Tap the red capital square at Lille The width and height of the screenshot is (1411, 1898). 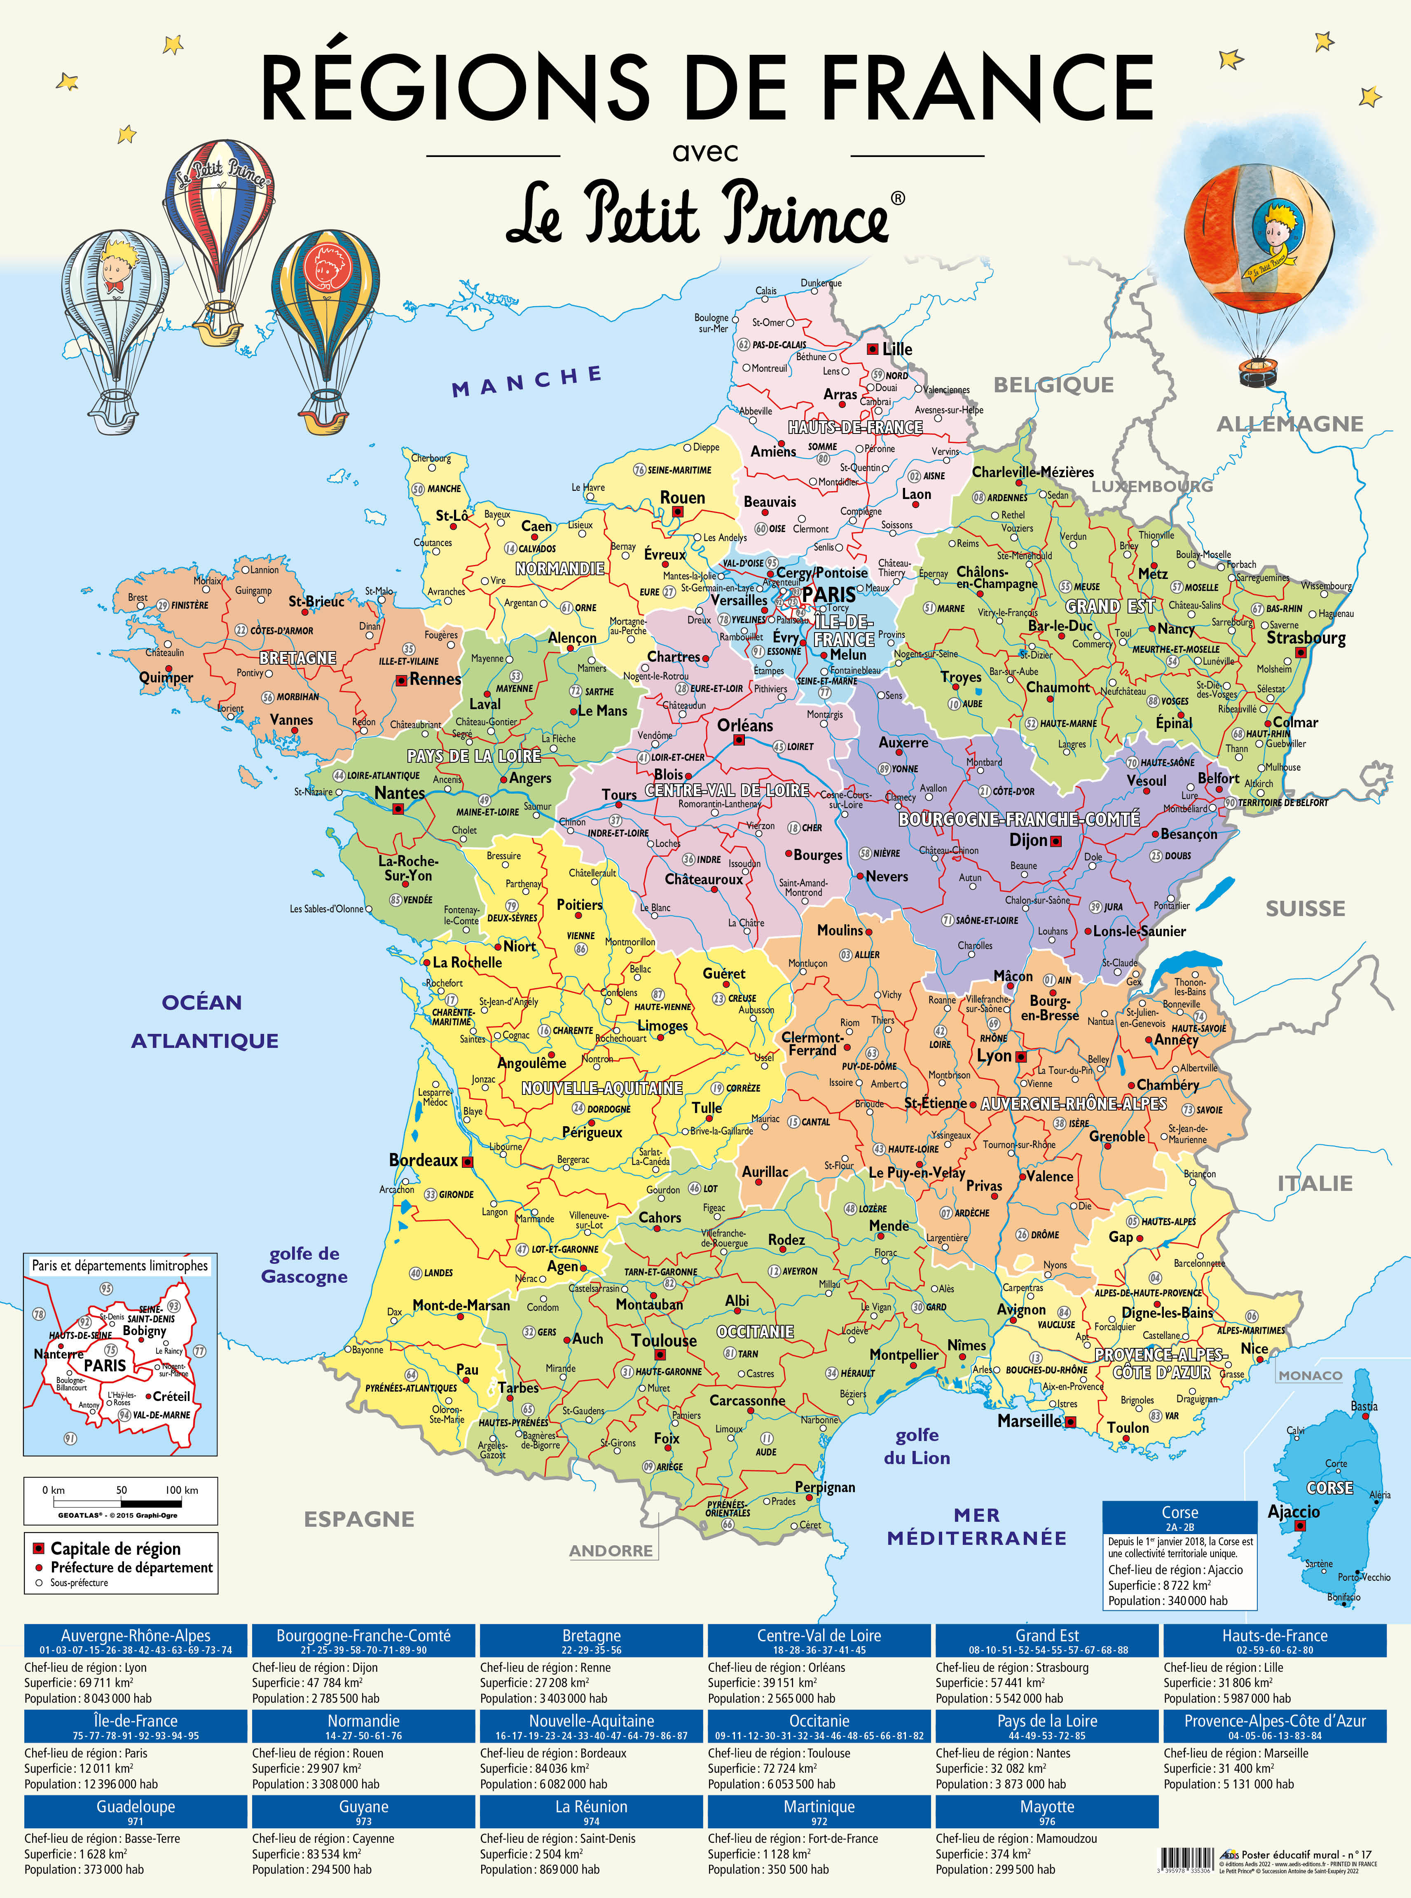click(872, 349)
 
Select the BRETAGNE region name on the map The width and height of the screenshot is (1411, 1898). click(298, 658)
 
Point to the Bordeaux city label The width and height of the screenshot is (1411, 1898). click(424, 1160)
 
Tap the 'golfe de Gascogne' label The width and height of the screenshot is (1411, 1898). click(304, 1265)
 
